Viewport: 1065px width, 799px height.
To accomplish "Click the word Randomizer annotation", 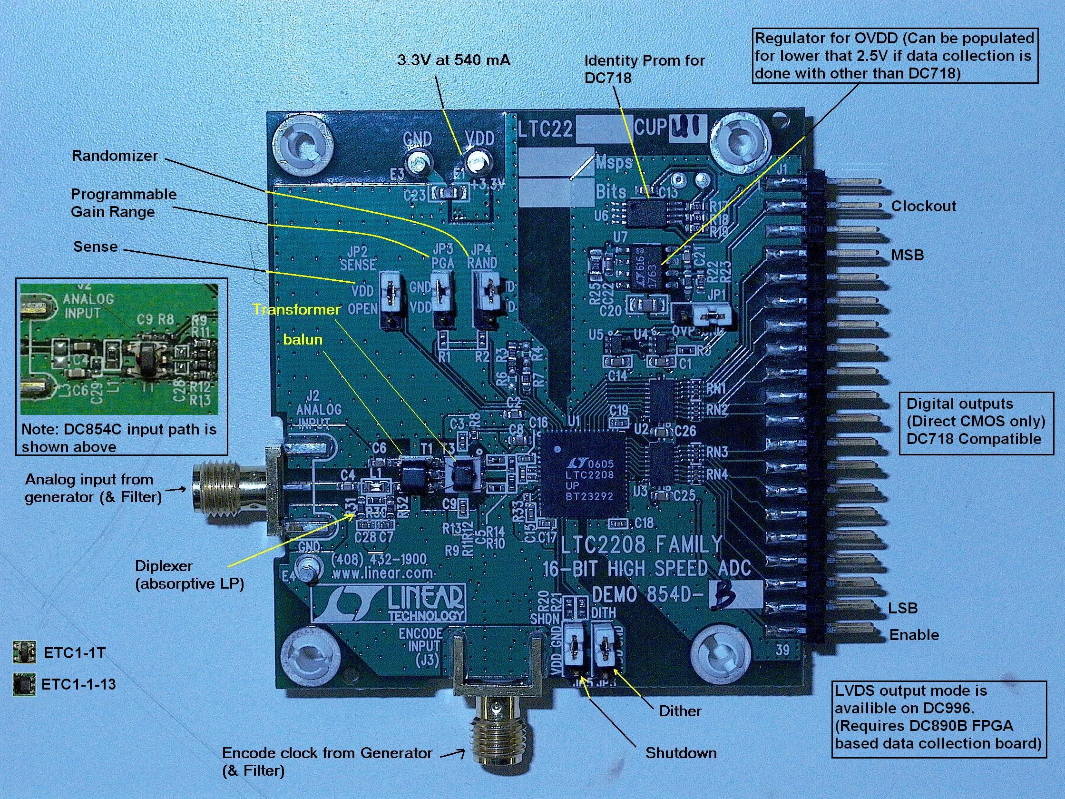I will [x=115, y=156].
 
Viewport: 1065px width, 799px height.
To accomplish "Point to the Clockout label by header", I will [x=923, y=206].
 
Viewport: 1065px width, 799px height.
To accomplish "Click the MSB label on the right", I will [x=907, y=255].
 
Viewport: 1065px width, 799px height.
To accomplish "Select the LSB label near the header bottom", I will [x=903, y=608].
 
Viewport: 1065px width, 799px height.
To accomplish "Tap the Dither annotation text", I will [x=680, y=711].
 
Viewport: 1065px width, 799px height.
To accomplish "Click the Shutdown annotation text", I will [x=681, y=753].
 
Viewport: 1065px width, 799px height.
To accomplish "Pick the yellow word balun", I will [x=303, y=340].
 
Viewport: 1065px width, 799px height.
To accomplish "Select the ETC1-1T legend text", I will [x=74, y=653].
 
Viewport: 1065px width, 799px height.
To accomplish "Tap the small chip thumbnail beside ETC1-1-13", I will [x=24, y=684].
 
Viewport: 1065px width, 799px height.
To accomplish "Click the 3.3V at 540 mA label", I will [x=453, y=60].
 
